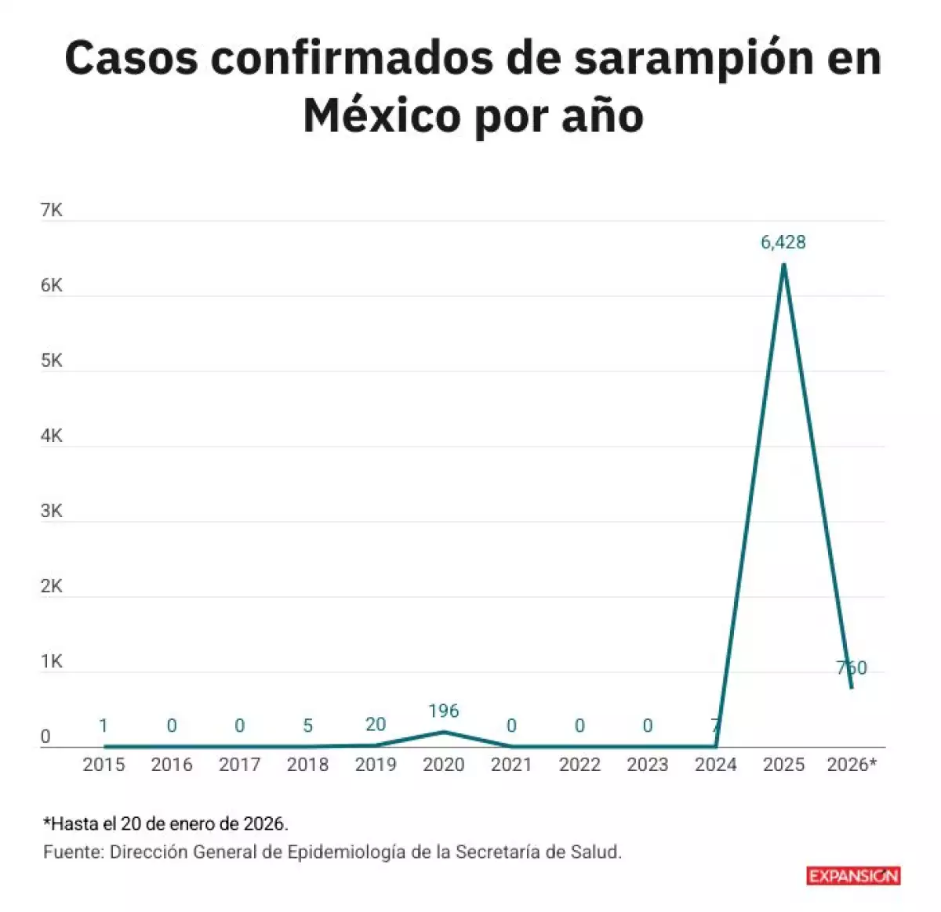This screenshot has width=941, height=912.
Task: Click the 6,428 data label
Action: tap(783, 242)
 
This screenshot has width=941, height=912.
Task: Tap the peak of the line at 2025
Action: tap(783, 265)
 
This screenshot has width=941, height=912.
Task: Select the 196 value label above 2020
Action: tap(443, 711)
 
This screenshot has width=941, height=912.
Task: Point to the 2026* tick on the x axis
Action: tap(851, 765)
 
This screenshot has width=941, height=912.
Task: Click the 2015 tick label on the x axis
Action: tap(104, 765)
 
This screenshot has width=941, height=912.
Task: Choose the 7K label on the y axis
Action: tap(51, 210)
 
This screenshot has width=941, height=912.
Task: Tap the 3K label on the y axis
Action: tap(51, 511)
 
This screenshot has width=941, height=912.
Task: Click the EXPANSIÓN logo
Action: tap(853, 876)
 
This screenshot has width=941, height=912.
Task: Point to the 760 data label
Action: tap(852, 668)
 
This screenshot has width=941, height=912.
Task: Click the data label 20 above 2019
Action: tap(376, 725)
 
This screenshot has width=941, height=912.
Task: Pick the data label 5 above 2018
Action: tap(307, 726)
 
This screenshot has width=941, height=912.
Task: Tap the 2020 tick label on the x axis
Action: tap(443, 765)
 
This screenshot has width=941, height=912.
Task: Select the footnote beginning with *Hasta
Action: tap(165, 823)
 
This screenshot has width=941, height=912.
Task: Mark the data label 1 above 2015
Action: tap(104, 726)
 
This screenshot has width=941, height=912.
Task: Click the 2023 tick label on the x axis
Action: tap(647, 765)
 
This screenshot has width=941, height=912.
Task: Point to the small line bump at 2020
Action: tap(444, 733)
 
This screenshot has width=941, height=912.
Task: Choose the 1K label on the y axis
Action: tap(51, 661)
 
